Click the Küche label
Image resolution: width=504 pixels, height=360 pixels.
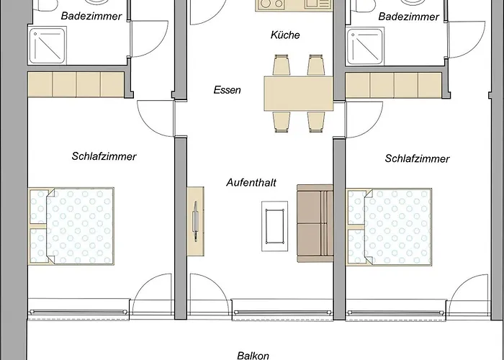tap(285, 35)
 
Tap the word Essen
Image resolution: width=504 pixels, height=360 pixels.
tap(227, 90)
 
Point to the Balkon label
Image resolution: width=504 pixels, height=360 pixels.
tap(253, 355)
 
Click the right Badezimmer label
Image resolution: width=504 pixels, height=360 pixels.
tap(410, 16)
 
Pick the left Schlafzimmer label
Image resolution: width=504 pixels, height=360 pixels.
tap(104, 156)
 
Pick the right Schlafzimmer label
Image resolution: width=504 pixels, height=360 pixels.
tap(418, 158)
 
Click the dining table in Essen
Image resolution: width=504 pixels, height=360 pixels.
tap(298, 93)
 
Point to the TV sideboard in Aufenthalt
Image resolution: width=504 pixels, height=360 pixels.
tap(196, 219)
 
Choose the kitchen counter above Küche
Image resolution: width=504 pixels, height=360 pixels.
tap(294, 5)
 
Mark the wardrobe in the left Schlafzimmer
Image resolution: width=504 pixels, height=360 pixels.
tap(76, 84)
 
